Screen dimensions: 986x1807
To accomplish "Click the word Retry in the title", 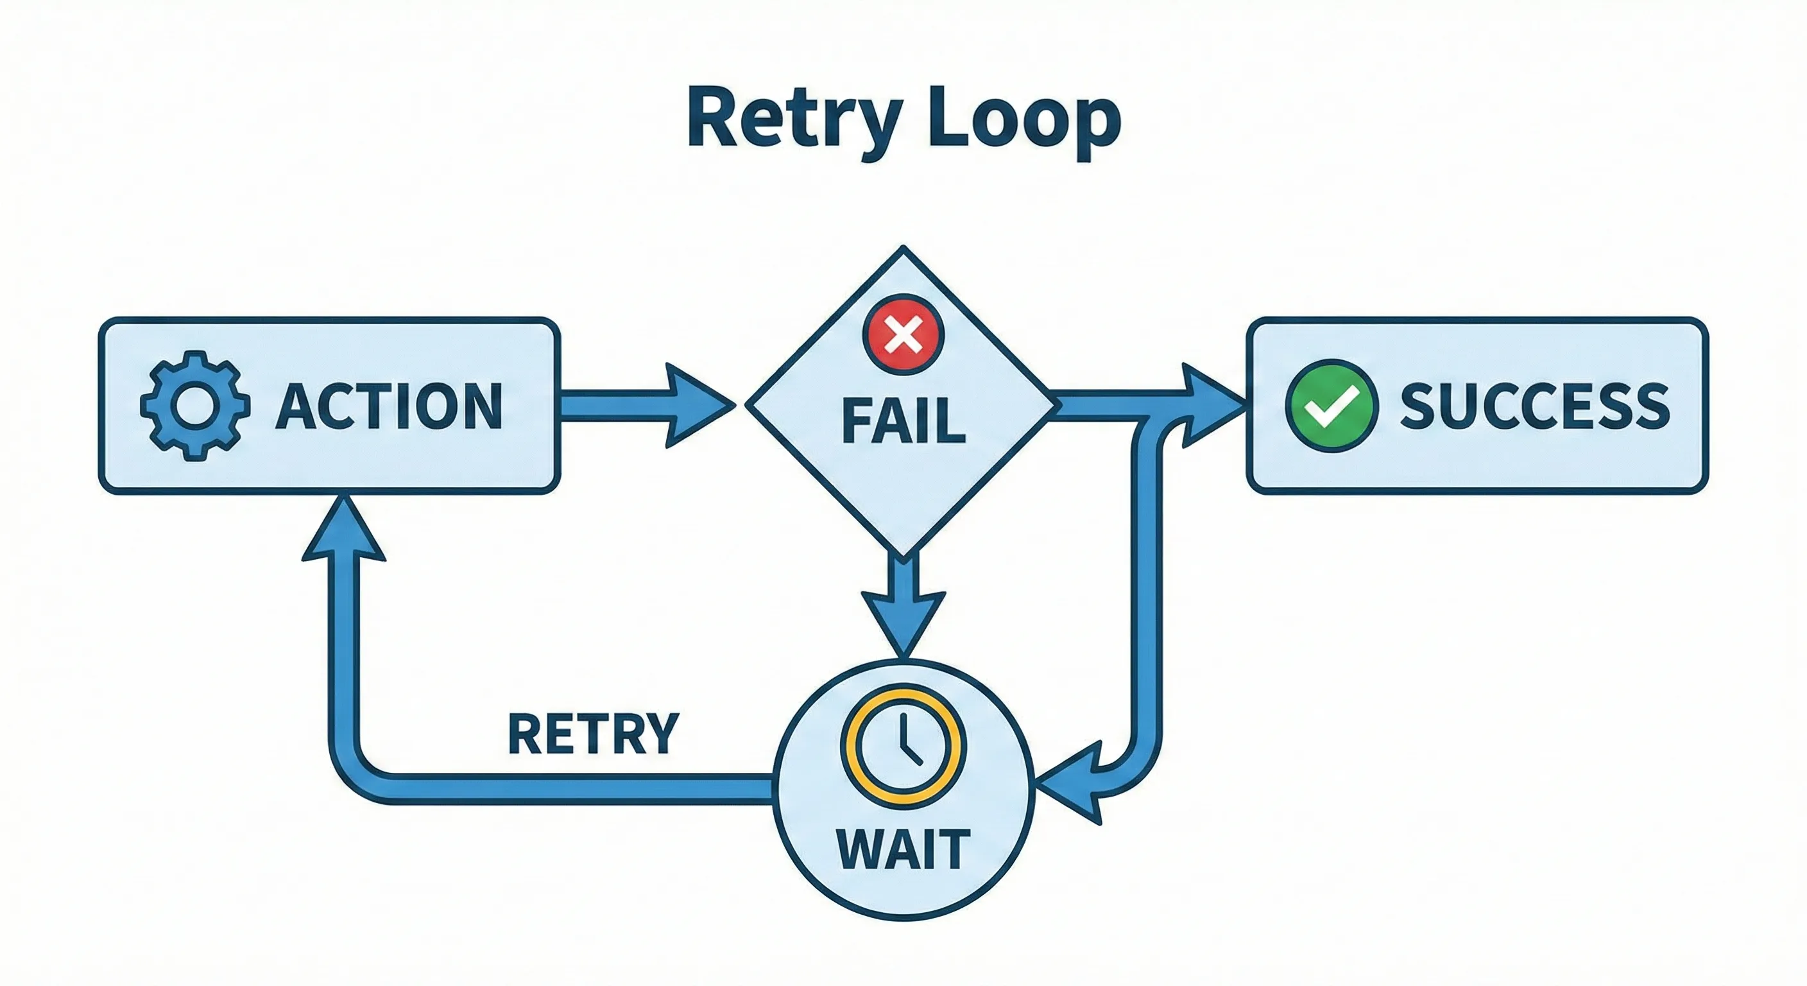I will (792, 119).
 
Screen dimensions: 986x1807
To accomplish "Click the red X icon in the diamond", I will (903, 333).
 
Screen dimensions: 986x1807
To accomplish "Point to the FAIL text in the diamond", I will (903, 421).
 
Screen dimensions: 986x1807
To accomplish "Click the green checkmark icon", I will (1331, 406).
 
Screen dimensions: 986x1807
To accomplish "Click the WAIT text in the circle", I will (903, 850).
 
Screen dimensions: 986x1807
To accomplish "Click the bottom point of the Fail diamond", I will (903, 555).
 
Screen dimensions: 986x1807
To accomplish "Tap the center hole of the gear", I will (195, 406).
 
